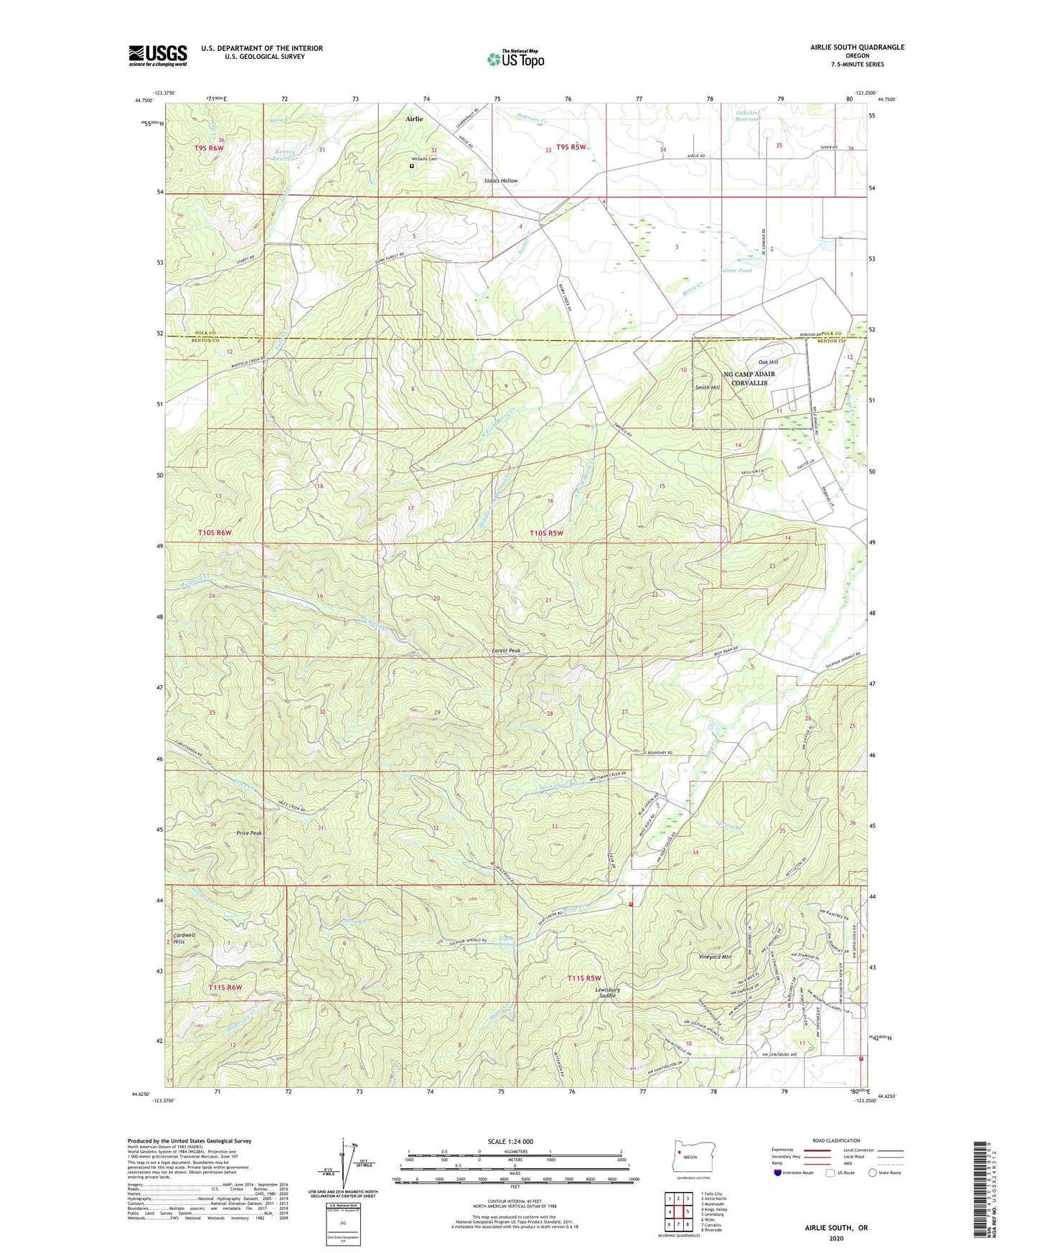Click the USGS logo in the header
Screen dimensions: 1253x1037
(x=157, y=55)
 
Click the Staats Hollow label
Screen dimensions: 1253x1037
(x=500, y=181)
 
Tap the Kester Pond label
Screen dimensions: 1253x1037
(x=736, y=271)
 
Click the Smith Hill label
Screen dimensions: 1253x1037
(x=707, y=388)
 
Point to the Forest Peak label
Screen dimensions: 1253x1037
(x=505, y=651)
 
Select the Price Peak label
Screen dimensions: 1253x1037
(x=249, y=833)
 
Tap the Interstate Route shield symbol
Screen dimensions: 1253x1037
(x=778, y=1173)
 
